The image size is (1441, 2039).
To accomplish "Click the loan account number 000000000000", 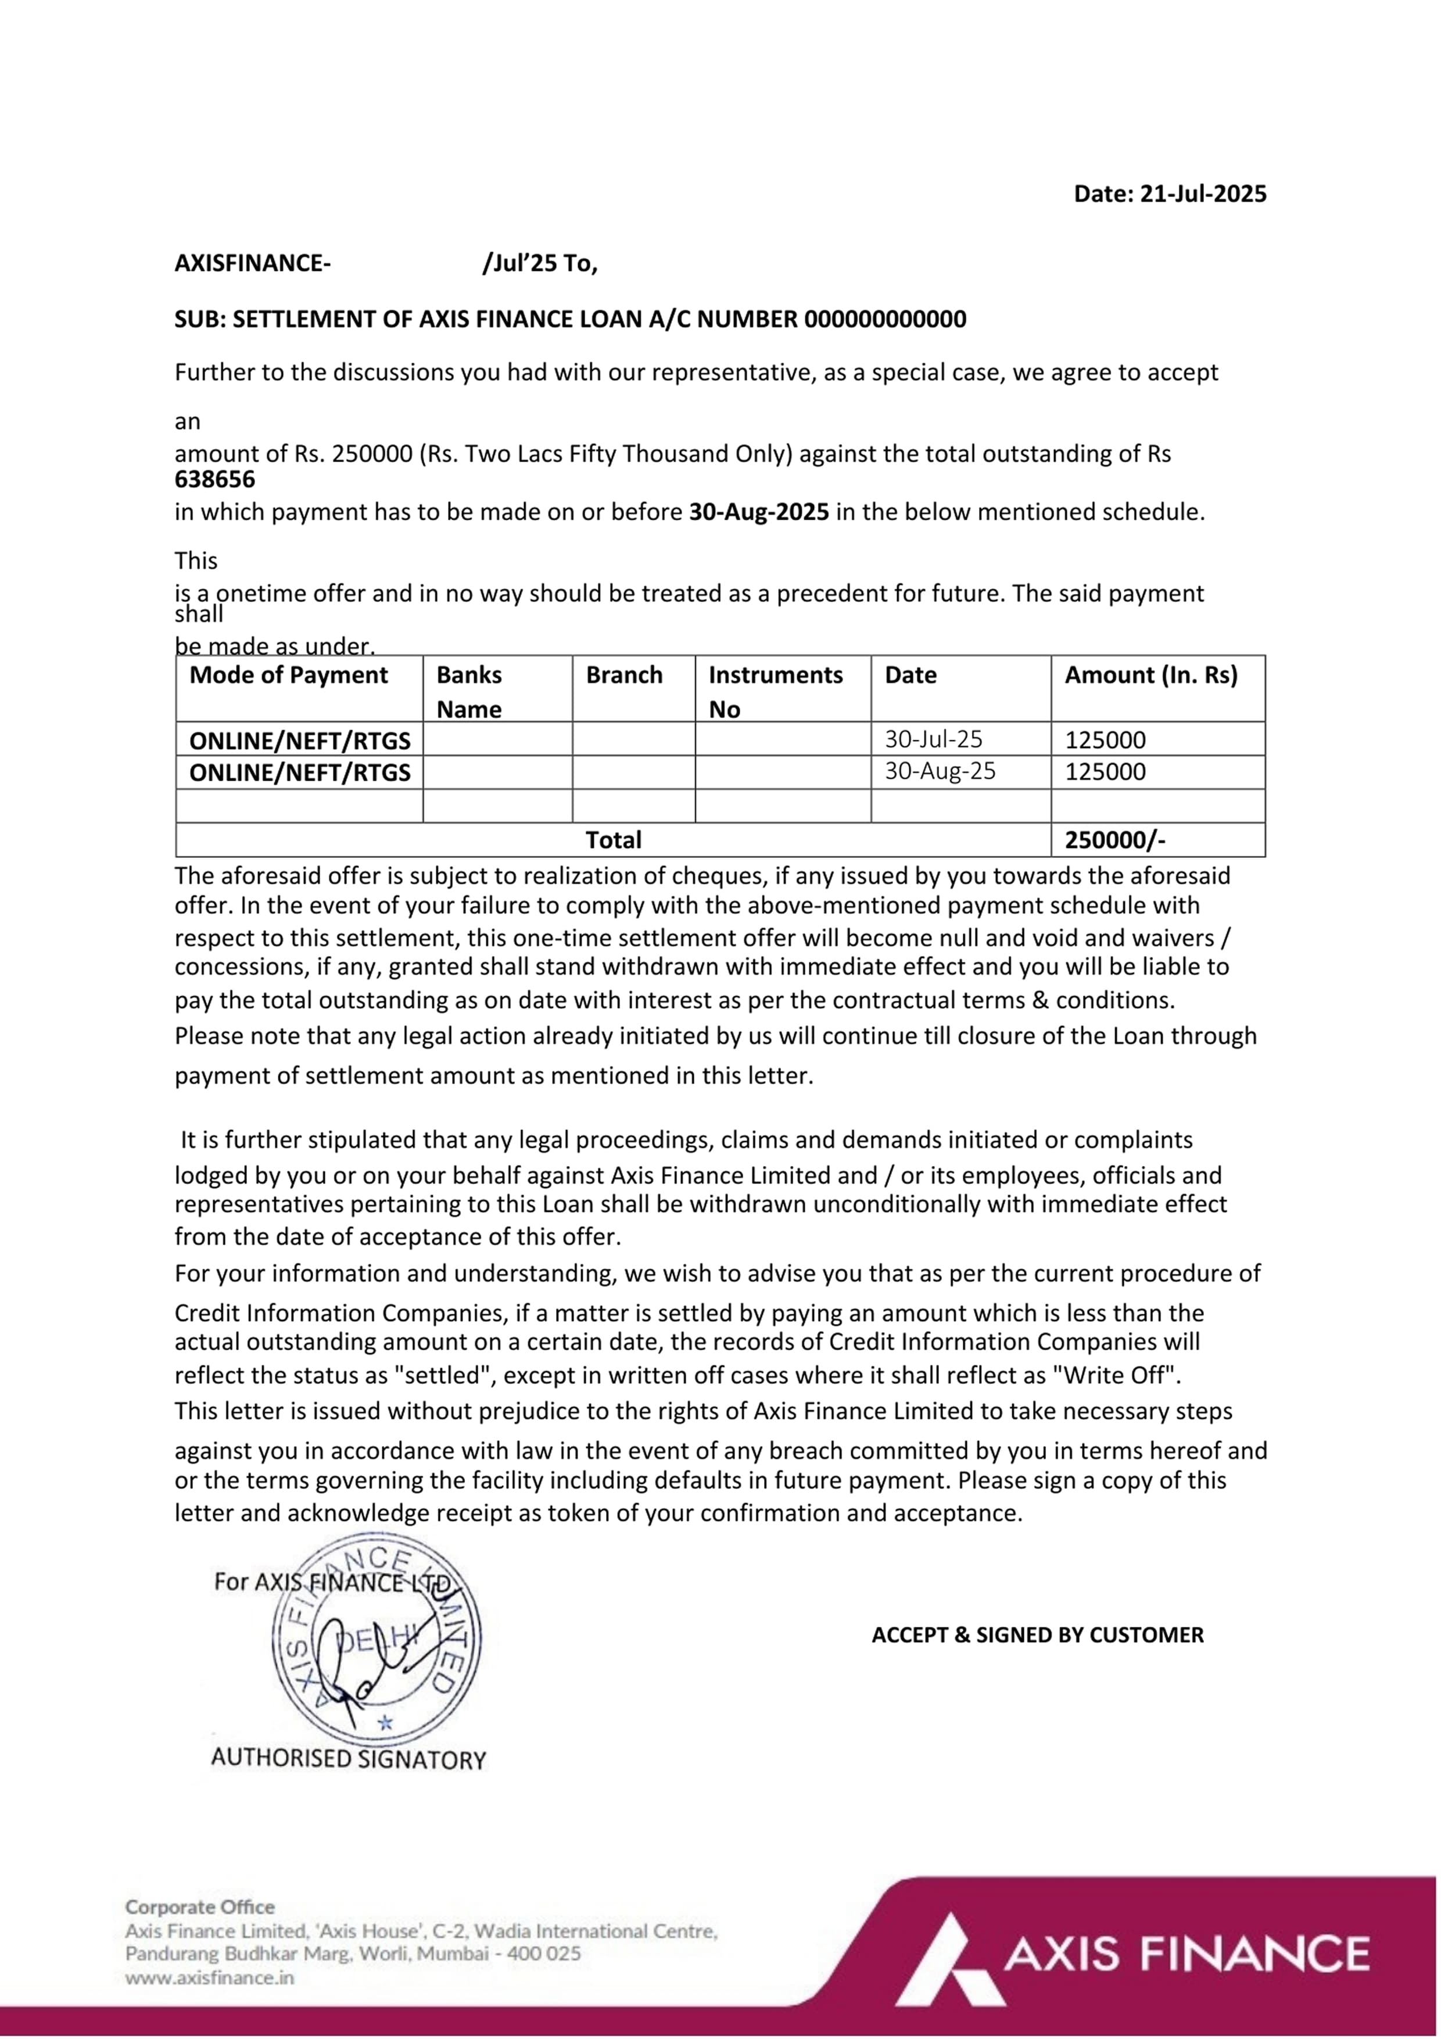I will [x=884, y=319].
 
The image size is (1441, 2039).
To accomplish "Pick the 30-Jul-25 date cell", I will [x=933, y=739].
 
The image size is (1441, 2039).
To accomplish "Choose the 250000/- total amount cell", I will [x=1114, y=839].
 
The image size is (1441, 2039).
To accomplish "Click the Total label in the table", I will [x=612, y=839].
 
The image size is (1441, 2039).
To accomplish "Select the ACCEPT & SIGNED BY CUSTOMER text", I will [x=1037, y=1635].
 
